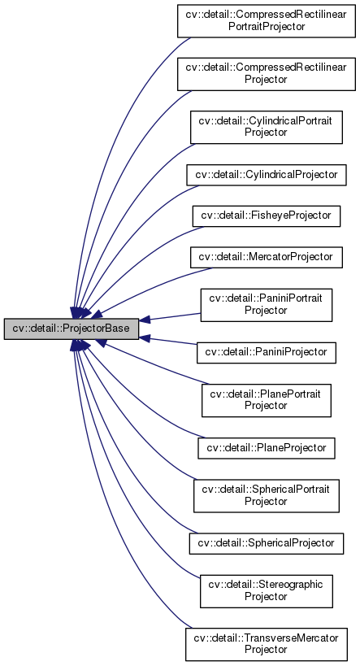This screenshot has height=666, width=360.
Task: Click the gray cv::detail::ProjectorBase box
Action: coord(72,329)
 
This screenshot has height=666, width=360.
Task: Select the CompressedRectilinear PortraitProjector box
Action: coord(267,21)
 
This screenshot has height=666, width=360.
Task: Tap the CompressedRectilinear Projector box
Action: coord(267,74)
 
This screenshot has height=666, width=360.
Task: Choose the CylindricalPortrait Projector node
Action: coord(267,127)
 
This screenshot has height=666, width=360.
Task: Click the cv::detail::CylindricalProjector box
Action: coord(267,174)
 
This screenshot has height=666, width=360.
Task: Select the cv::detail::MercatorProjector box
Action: coord(267,256)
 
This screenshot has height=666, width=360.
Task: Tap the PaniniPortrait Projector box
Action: coord(267,304)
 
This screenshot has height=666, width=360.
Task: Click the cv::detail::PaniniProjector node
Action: coord(267,352)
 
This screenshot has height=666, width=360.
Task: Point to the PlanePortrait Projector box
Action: coord(267,400)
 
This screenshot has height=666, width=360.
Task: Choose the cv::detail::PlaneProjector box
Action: coord(267,447)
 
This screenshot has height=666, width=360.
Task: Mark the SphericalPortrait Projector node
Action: coord(267,495)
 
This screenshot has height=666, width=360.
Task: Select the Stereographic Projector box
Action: coord(267,590)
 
